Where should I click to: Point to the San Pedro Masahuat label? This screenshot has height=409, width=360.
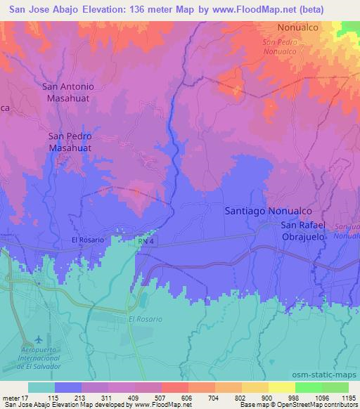[x=71, y=143]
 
